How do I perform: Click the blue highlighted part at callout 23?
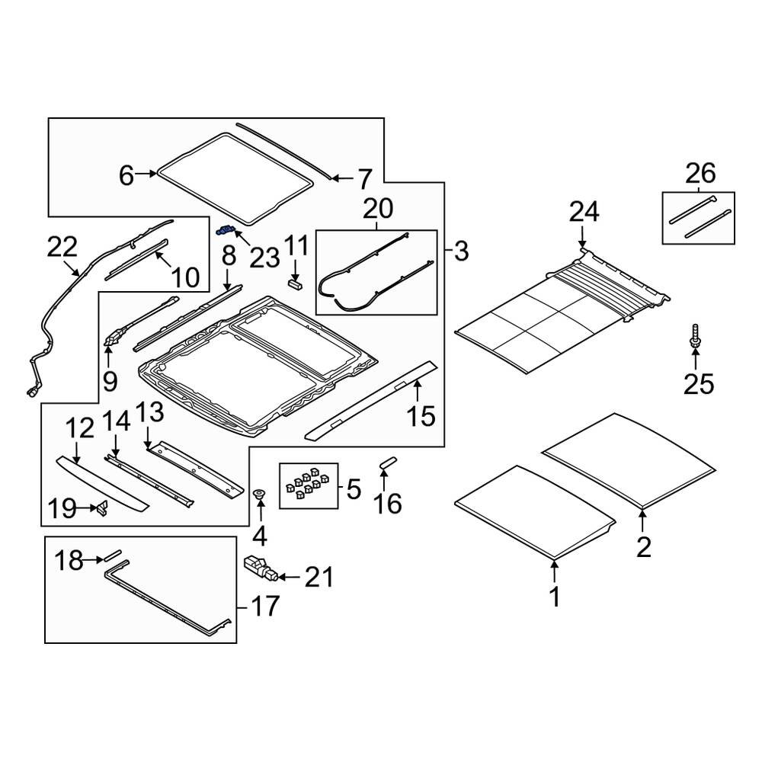click(x=226, y=230)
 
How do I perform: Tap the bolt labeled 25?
click(x=695, y=336)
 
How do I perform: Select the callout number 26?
click(x=700, y=174)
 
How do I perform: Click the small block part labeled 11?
click(x=295, y=283)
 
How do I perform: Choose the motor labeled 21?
click(x=260, y=568)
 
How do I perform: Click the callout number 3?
click(x=461, y=251)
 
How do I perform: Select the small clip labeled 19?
click(x=102, y=508)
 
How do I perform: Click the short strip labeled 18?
click(x=112, y=555)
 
